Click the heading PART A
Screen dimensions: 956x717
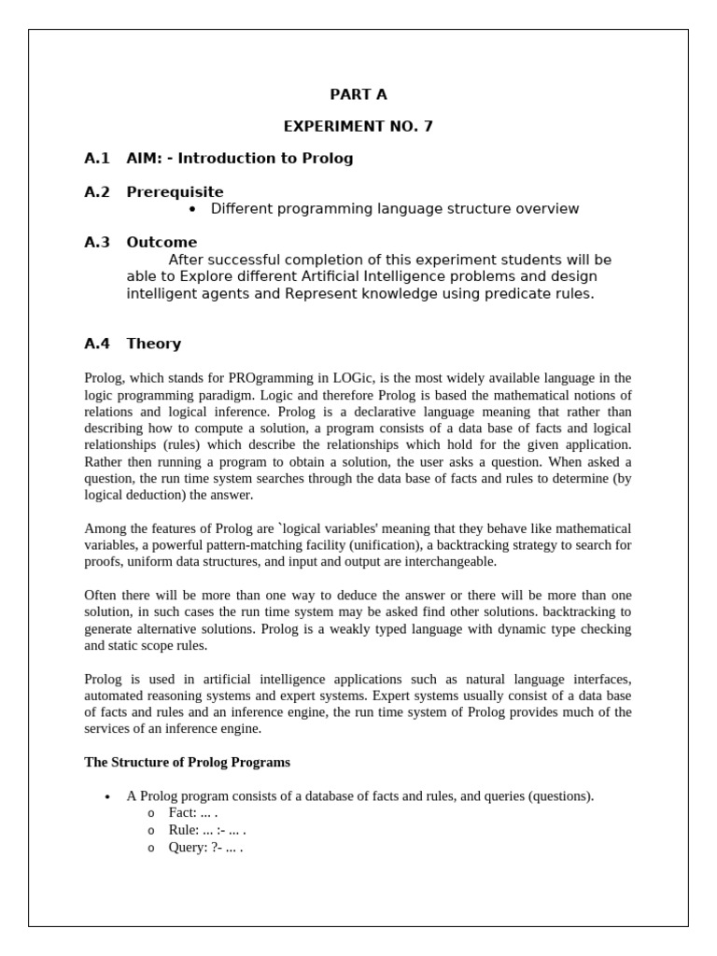[358, 94]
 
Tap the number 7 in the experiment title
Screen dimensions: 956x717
[428, 126]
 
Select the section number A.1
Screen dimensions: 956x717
[97, 158]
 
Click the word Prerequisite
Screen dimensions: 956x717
[175, 191]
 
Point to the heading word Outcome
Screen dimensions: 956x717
[162, 242]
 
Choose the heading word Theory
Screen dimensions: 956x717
[154, 344]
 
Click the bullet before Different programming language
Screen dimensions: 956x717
[192, 209]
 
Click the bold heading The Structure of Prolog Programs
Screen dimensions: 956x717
[187, 763]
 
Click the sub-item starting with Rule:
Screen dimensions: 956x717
[207, 830]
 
